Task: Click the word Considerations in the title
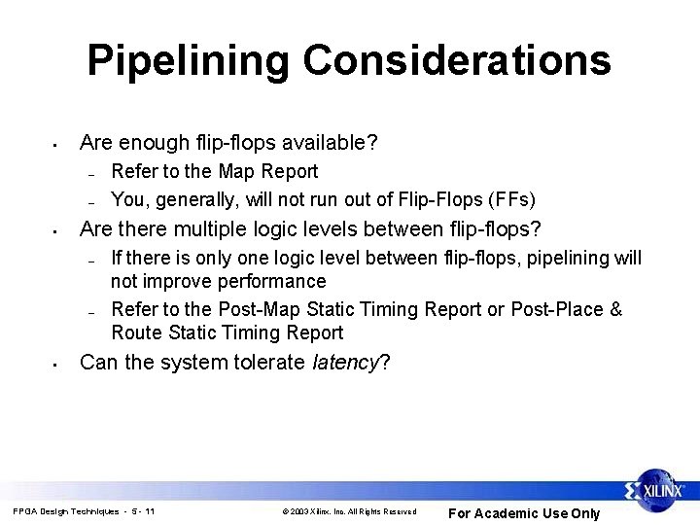tap(457, 60)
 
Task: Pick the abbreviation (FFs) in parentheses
tap(508, 200)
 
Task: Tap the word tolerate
tap(266, 363)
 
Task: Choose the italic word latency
tap(348, 363)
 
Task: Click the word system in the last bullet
tap(190, 363)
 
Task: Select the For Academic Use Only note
tap(523, 513)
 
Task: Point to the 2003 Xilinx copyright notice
tap(348, 511)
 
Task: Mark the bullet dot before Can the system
tap(57, 365)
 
